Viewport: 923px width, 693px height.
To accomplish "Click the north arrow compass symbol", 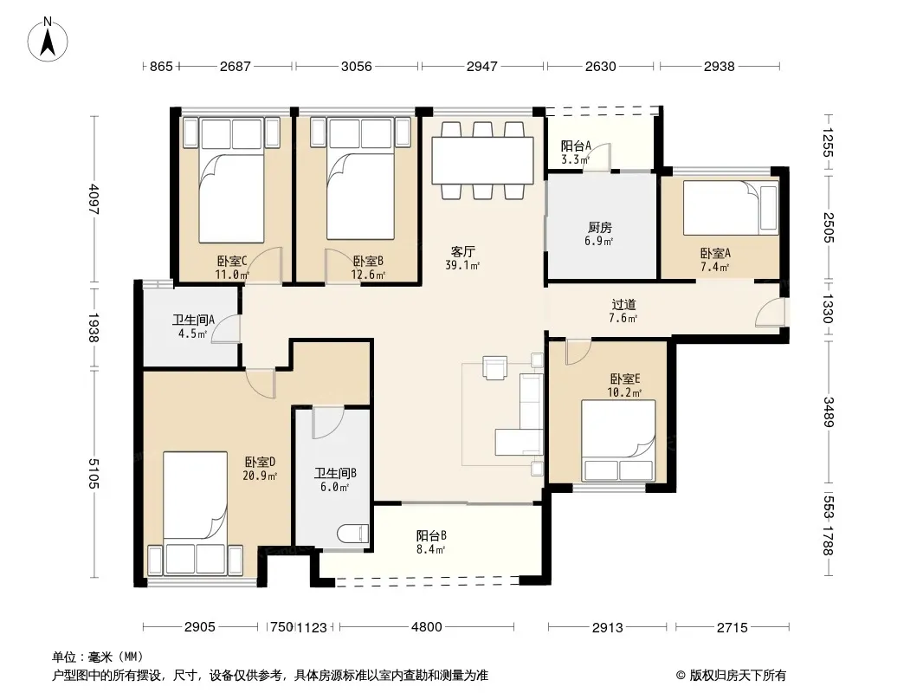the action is click(48, 40).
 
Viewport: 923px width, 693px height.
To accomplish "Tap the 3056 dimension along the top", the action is click(357, 66).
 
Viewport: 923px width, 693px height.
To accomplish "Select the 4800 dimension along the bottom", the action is click(427, 626).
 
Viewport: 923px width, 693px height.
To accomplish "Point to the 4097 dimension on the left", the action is click(94, 200).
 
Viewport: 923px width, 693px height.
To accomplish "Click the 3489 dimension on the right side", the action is click(829, 412).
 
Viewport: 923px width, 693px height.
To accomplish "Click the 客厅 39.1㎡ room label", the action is click(462, 258).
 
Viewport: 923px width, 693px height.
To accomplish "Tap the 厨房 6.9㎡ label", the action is click(600, 234).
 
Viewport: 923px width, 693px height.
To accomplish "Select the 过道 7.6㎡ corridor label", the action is click(623, 311).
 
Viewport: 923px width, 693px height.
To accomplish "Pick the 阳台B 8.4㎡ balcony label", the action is click(431, 542).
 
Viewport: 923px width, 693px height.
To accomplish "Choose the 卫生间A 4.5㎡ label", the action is click(193, 327).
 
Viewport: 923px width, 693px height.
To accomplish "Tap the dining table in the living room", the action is click(482, 160).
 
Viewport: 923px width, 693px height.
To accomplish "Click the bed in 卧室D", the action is click(196, 512).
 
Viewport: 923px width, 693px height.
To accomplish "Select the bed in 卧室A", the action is click(731, 207).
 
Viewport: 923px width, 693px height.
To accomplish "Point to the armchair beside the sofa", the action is click(494, 367).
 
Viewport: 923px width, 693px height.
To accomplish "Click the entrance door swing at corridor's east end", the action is click(771, 312).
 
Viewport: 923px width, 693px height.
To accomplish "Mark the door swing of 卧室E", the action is click(578, 352).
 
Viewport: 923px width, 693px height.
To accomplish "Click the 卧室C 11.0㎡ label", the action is click(231, 268).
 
